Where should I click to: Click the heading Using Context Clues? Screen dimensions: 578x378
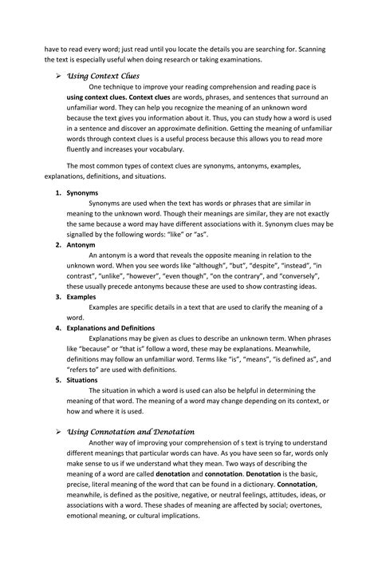[102, 76]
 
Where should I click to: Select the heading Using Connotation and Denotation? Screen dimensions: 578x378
[130, 432]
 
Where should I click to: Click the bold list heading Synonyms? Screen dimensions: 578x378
[82, 193]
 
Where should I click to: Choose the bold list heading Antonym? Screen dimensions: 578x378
[81, 245]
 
